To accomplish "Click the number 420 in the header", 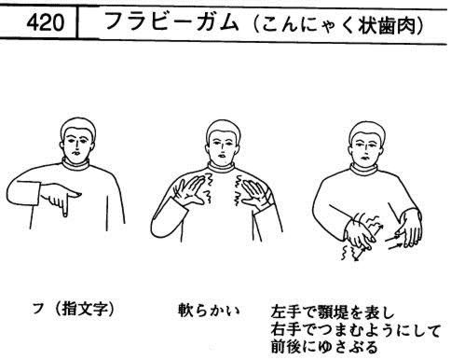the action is click(x=46, y=22).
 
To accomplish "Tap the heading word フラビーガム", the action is click(x=171, y=21).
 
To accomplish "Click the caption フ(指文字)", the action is click(x=74, y=309).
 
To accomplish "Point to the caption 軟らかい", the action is click(x=209, y=310).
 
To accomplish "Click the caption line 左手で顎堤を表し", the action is click(x=333, y=312).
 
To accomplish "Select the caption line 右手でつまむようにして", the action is click(x=355, y=329).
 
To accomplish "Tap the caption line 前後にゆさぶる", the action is click(x=324, y=347).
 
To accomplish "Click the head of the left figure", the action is click(x=77, y=140).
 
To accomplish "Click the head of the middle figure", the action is click(x=223, y=142).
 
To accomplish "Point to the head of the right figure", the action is click(x=367, y=144).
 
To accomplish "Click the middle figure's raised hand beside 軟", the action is click(x=190, y=191).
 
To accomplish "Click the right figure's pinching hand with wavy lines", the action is click(x=360, y=234).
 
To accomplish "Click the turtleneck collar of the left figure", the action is click(x=75, y=164).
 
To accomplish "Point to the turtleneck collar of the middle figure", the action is click(x=221, y=167).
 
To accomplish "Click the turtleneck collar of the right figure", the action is click(x=364, y=170).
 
